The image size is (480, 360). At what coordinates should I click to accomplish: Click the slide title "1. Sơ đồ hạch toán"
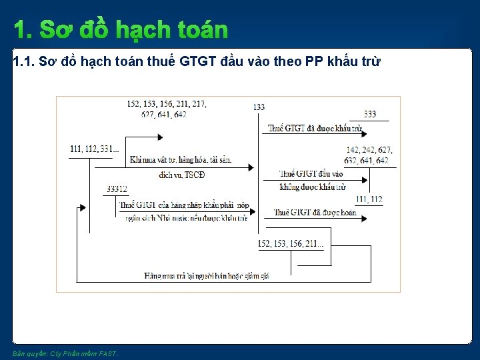pos(121,30)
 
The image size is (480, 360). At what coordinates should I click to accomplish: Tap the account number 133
pos(259,107)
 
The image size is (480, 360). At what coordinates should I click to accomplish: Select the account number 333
pos(370,114)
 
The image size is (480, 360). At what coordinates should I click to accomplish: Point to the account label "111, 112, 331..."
pos(94,149)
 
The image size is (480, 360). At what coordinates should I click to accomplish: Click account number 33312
pos(117,189)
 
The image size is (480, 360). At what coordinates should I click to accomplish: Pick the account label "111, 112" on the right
pos(369,199)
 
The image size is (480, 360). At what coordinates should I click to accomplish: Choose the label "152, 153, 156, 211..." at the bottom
pos(291,244)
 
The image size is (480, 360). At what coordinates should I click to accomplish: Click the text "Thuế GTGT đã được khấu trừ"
pos(315,128)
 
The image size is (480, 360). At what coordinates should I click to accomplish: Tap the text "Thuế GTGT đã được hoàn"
pos(315,213)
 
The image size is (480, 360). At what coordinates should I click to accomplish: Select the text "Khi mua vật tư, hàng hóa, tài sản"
pos(181,160)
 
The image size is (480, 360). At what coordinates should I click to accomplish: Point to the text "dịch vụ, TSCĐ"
pos(182,175)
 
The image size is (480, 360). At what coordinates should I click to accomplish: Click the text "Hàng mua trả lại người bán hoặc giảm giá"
pos(207,276)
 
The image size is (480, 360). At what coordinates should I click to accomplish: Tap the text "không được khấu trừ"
pos(313,187)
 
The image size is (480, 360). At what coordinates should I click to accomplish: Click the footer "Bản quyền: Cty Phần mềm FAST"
pos(65,353)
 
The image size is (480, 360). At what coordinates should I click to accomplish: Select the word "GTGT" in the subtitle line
pos(198,62)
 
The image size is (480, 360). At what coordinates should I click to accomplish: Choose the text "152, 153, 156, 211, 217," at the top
pos(166,104)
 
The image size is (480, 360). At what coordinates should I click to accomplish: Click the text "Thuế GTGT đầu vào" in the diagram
pos(311,174)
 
